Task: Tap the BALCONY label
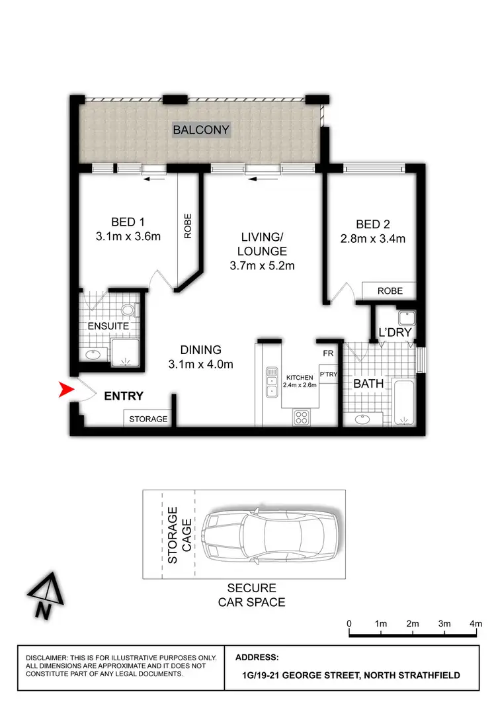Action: coord(201,130)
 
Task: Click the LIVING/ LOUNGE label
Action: coord(263,244)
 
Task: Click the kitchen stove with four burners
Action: coord(301,417)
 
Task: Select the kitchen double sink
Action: coord(271,382)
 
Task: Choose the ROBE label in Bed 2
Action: coord(389,290)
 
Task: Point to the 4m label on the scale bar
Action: coord(476,623)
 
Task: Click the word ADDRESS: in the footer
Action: coord(257,658)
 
